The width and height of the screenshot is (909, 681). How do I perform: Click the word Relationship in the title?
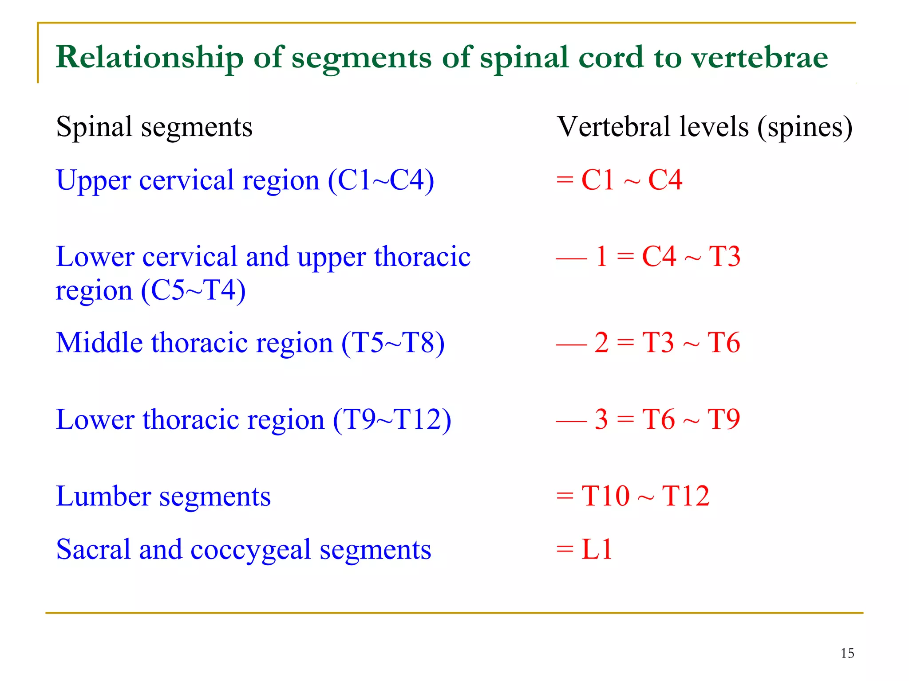[150, 58]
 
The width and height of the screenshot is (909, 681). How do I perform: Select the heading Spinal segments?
[154, 127]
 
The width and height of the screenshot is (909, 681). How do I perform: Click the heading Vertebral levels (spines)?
[704, 127]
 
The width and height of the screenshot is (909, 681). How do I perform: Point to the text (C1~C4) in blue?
[381, 180]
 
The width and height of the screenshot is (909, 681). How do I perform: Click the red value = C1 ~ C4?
[619, 180]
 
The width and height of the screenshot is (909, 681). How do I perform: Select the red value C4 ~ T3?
[691, 257]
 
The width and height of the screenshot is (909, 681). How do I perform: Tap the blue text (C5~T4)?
[193, 291]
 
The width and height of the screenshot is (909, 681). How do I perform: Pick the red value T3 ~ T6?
[691, 343]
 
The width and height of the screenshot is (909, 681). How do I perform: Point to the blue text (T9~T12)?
[392, 419]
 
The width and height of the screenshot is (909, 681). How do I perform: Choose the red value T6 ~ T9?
[691, 419]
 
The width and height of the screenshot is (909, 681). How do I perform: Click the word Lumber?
[103, 496]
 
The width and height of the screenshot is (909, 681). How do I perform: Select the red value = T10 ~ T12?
[632, 496]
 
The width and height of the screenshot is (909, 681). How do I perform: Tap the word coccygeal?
[251, 550]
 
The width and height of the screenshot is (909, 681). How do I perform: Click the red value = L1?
[584, 550]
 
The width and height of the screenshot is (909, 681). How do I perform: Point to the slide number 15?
[847, 653]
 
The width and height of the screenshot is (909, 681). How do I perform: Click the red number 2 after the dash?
[601, 343]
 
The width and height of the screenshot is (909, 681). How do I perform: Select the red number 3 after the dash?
[601, 419]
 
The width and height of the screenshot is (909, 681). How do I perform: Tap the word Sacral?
[94, 550]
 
